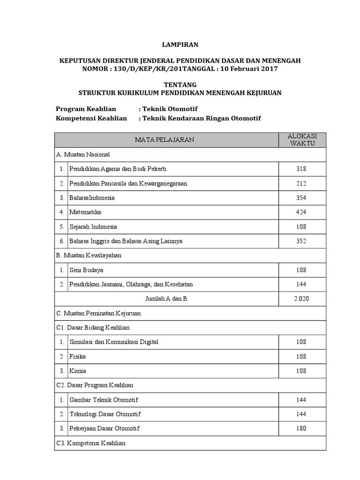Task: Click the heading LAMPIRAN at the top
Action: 180,45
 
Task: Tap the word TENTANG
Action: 180,84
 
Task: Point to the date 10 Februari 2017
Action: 250,68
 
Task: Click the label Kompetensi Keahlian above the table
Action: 91,118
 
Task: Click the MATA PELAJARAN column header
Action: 165,140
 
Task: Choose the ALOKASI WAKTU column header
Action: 302,140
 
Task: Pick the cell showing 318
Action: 301,169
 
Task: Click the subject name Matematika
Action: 85,212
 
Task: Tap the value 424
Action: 301,212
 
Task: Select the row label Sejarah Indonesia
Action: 93,226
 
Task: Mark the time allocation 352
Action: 301,241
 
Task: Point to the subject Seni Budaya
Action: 87,270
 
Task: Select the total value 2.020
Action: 301,299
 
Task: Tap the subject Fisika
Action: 78,356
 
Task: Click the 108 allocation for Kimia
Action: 301,371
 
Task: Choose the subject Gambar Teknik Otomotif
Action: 104,400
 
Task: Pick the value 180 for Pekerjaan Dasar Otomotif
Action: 301,428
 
